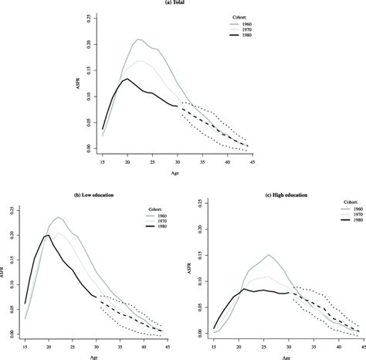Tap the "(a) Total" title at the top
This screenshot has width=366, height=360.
pyautogui.click(x=182, y=3)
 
